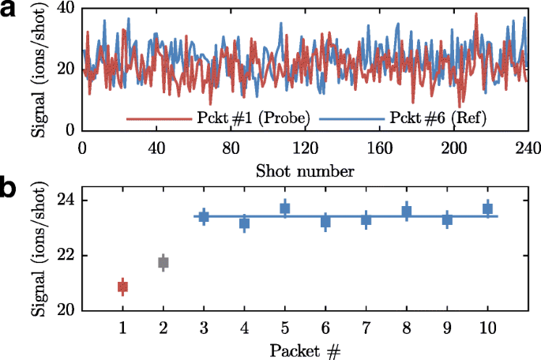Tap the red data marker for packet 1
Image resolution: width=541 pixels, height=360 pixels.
122,287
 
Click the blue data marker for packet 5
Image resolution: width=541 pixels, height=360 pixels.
285,208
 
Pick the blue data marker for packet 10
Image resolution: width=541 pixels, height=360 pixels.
488,208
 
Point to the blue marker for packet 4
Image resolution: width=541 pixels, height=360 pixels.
245,223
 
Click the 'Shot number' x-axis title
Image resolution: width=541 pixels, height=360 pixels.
304,169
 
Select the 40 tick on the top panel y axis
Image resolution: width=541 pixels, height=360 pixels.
65,8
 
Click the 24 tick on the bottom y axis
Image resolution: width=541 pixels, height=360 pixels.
65,201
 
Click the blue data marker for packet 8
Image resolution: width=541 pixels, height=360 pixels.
407,212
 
